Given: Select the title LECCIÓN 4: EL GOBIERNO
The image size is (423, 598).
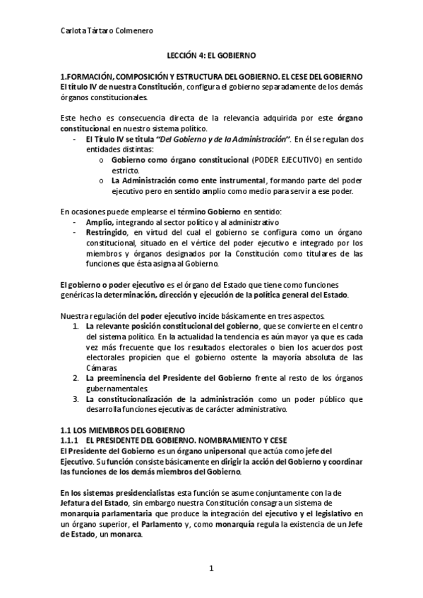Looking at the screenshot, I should (x=211, y=54).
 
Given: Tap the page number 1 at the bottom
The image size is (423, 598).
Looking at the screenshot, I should (x=211, y=567).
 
